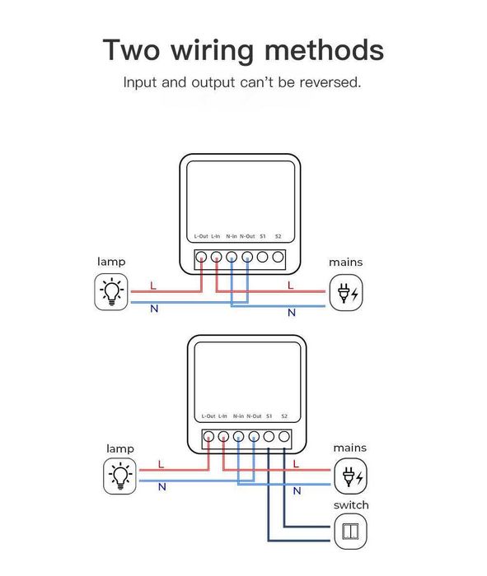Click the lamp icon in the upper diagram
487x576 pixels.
[111, 293]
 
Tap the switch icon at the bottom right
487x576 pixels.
[350, 531]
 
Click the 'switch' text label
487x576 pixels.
[351, 505]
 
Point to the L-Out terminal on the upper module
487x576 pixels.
[201, 258]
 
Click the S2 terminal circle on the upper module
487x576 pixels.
[278, 258]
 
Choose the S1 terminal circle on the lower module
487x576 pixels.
[269, 437]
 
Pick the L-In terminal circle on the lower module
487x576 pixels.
[223, 437]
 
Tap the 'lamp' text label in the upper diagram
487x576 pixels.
[111, 262]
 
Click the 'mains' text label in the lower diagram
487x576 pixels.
[350, 448]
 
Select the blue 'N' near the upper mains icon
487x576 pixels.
[291, 313]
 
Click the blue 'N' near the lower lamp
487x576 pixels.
[162, 487]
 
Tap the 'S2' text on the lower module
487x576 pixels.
[284, 416]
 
